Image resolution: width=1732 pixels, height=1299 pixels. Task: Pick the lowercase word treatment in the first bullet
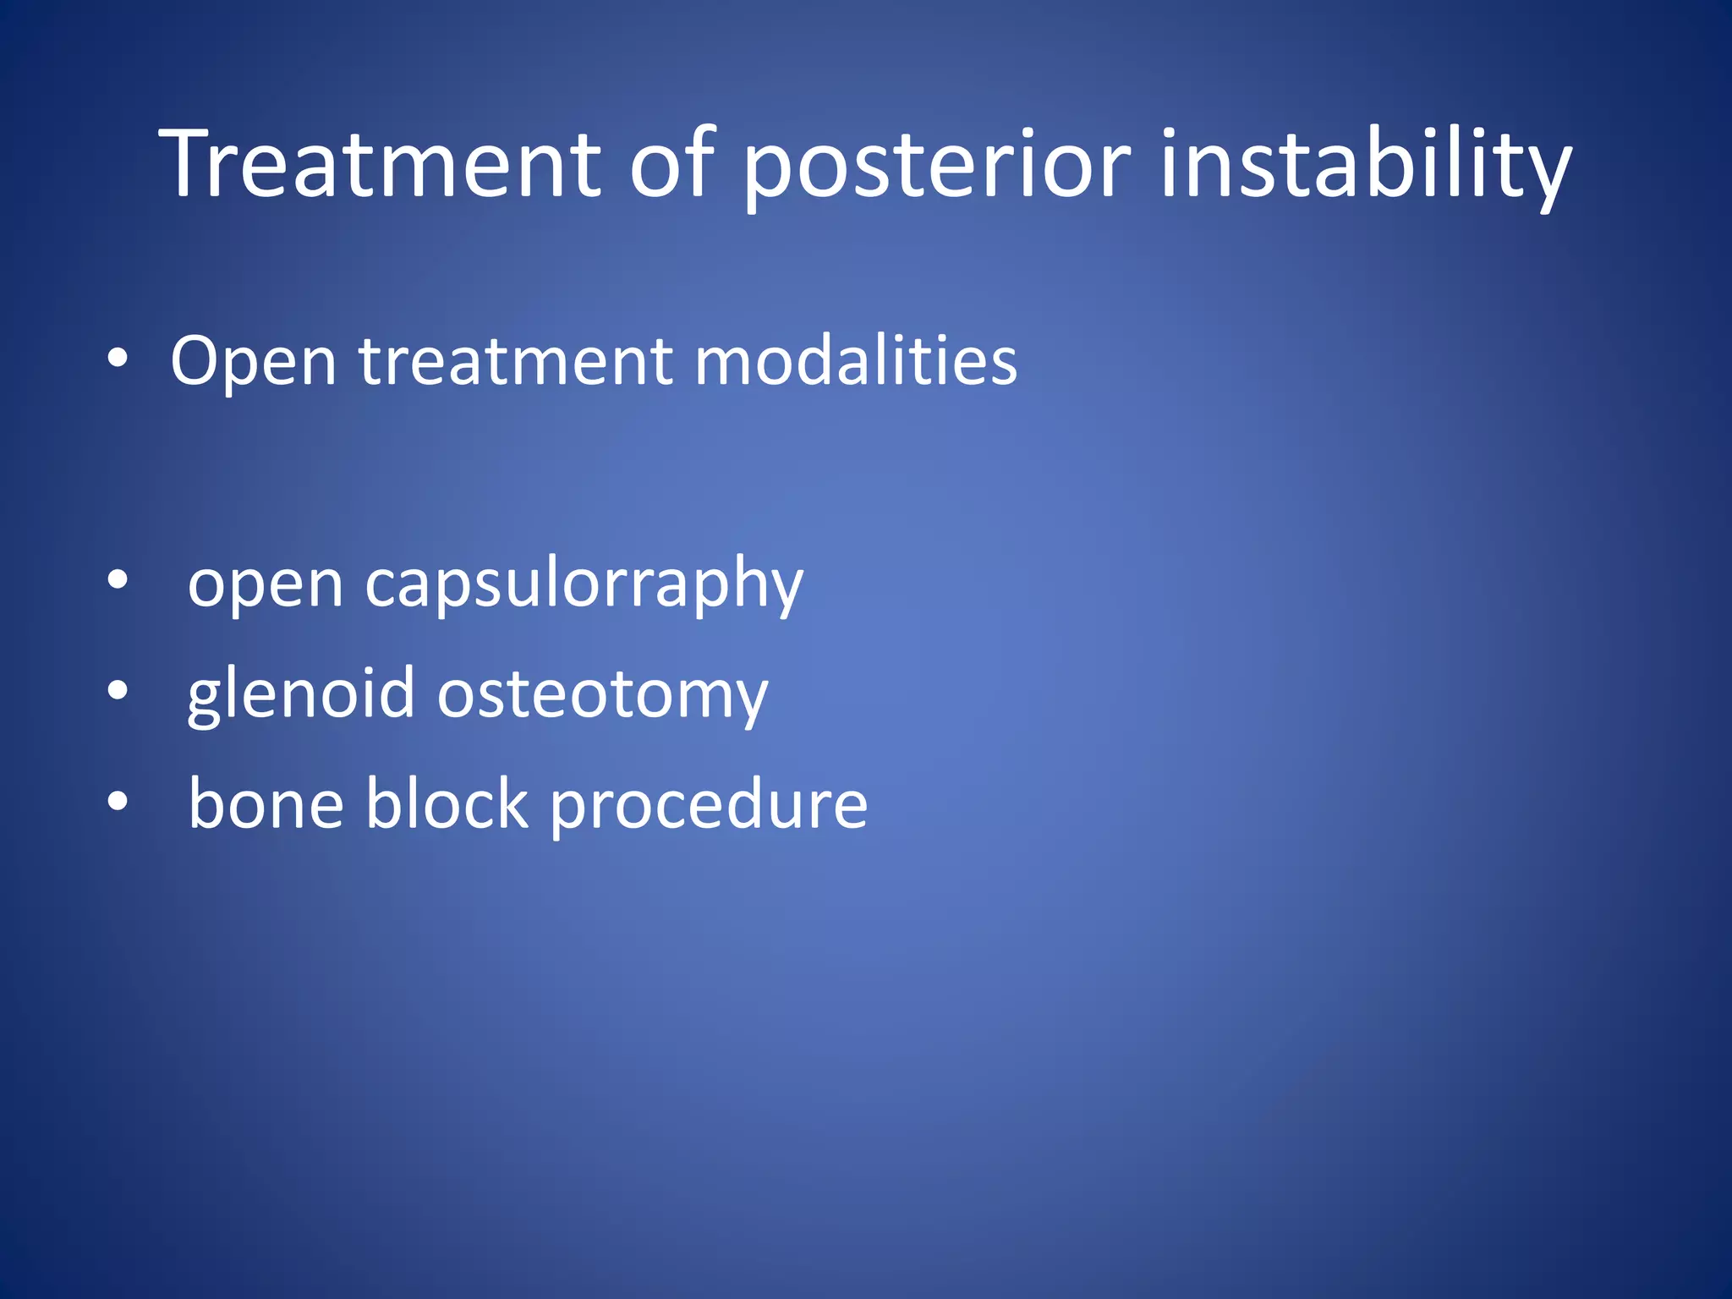click(x=516, y=362)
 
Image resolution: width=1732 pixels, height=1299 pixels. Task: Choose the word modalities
click(x=855, y=362)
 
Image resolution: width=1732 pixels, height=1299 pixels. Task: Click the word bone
click(x=266, y=804)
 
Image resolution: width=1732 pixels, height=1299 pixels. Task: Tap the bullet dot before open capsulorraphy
click(x=118, y=581)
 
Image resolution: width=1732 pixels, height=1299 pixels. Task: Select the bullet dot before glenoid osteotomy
click(x=118, y=691)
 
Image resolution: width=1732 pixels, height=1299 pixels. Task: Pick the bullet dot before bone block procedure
click(x=118, y=801)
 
